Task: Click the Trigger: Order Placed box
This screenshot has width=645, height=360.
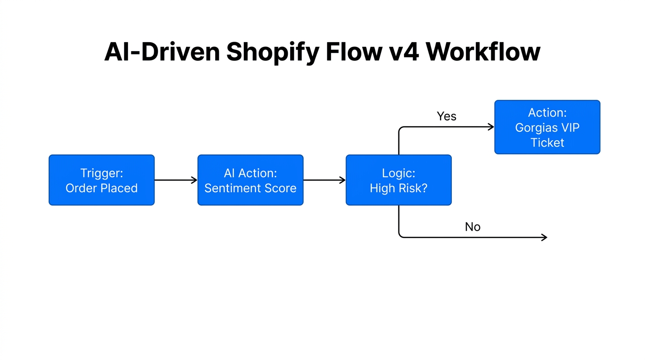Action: click(101, 180)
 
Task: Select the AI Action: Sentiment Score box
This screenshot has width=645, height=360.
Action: click(250, 180)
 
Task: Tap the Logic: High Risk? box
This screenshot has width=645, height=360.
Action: click(398, 180)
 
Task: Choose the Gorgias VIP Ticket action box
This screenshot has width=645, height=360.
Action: click(547, 127)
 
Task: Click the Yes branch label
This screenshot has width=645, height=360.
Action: click(446, 116)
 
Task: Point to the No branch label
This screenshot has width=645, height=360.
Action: click(472, 227)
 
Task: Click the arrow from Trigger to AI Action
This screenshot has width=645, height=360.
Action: click(175, 180)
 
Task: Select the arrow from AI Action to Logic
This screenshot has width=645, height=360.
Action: click(324, 180)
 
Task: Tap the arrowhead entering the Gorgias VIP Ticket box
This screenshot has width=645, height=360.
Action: click(491, 127)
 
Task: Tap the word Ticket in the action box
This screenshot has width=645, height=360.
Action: click(547, 142)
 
